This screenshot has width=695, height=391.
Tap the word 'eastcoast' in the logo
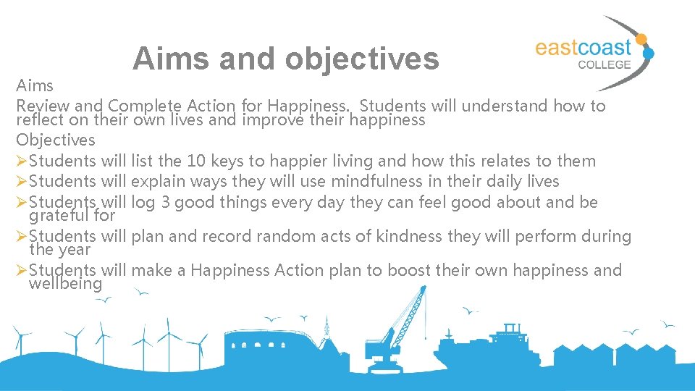click(x=583, y=48)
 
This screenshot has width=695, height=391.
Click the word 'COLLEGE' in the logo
click(x=605, y=64)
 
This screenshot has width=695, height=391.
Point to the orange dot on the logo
click(x=640, y=41)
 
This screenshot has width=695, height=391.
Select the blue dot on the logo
click(x=649, y=54)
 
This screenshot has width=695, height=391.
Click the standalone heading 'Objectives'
click(x=56, y=140)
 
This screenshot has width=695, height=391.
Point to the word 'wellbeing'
click(x=65, y=284)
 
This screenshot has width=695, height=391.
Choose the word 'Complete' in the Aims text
click(x=140, y=106)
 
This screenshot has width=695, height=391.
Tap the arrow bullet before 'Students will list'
click(x=22, y=161)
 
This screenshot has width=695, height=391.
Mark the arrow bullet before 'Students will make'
click(x=22, y=271)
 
